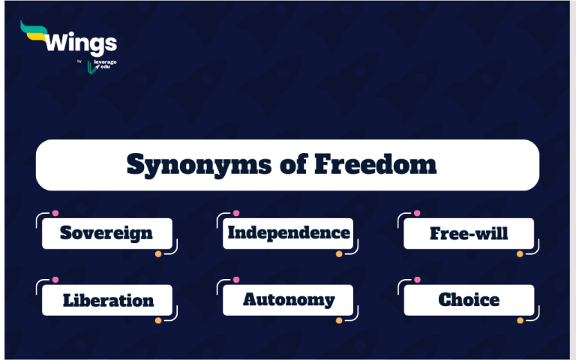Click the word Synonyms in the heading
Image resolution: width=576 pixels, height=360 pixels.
point(177,164)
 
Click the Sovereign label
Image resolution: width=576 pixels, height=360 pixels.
point(106,233)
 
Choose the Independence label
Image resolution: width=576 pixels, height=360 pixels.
point(288,232)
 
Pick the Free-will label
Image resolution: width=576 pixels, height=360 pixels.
point(469,233)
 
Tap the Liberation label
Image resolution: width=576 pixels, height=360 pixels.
point(108,300)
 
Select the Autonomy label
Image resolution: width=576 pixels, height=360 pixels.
point(288,300)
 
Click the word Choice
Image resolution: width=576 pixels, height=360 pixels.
point(469,300)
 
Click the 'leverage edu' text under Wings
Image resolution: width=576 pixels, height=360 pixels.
point(106,64)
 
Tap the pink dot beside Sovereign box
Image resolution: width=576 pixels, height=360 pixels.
point(55,213)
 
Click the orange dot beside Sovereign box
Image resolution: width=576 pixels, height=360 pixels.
point(158,254)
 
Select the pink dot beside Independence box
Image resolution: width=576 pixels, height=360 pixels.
point(236,213)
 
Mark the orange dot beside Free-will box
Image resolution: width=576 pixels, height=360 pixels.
point(520,254)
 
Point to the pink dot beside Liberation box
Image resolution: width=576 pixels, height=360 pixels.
point(55,279)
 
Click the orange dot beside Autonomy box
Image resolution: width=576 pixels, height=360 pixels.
point(339,320)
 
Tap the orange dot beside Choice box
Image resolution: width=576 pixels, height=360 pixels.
point(520,320)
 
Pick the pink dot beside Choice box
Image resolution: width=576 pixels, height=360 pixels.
point(417,279)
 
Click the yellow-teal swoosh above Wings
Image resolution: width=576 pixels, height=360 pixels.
point(34,30)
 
